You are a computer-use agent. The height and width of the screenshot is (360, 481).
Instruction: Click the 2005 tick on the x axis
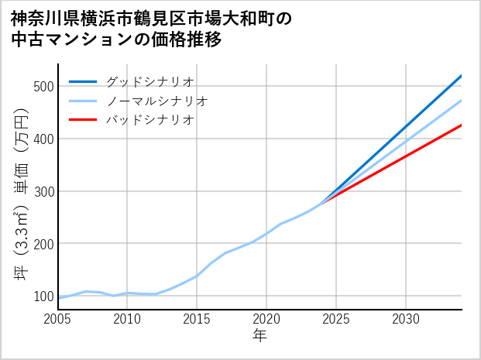point(58,319)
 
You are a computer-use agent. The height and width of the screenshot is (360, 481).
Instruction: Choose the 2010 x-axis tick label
point(127,319)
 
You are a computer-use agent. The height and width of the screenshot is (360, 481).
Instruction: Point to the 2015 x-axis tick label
point(197,319)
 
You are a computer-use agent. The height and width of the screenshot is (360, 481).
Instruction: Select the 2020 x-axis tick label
point(266,319)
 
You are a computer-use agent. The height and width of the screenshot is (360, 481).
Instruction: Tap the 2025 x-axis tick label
point(336,319)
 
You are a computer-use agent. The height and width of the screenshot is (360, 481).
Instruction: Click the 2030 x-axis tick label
point(406,319)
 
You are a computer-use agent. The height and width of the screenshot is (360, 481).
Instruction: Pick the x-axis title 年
point(259,336)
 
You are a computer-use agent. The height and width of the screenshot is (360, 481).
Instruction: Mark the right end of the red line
point(461,125)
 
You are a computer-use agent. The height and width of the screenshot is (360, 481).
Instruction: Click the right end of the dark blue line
point(461,76)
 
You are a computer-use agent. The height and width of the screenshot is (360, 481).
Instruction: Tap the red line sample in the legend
point(83,120)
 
